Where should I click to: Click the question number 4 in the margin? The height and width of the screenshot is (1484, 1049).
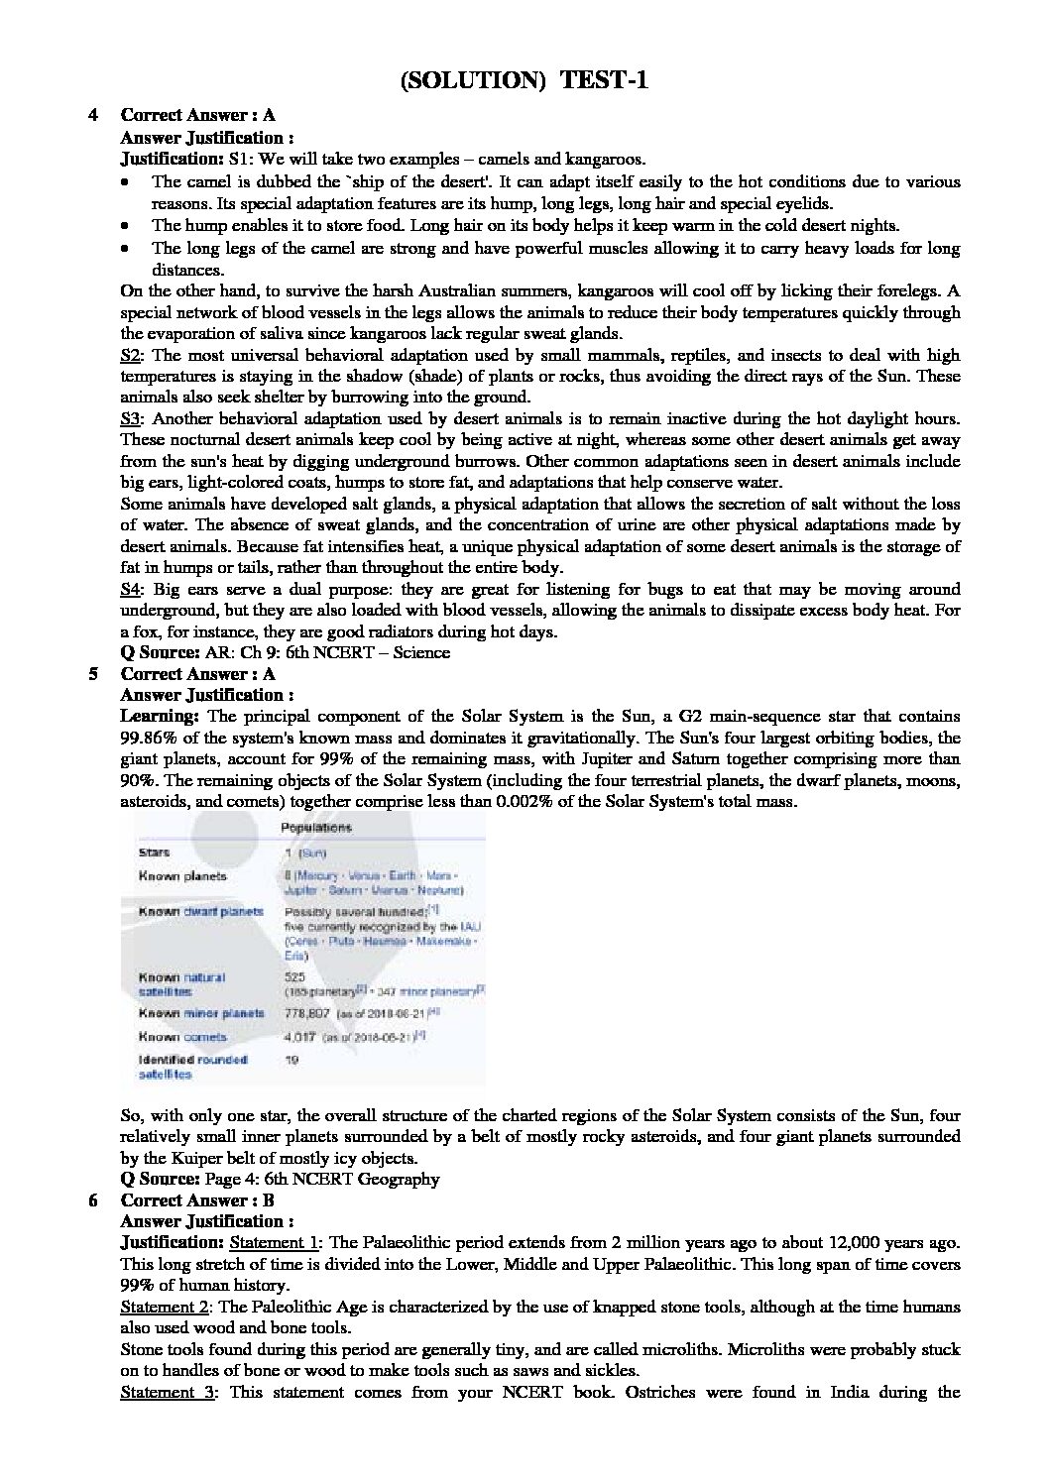[x=92, y=115]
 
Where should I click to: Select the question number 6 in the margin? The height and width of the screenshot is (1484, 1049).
[x=92, y=1200]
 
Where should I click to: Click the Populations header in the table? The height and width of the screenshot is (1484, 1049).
[x=317, y=828]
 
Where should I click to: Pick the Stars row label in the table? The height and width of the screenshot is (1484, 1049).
[x=155, y=852]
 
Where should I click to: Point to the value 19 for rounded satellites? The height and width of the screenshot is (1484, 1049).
[x=292, y=1060]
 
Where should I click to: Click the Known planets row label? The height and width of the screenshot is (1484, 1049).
[x=182, y=876]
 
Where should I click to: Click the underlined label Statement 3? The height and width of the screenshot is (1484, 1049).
[x=165, y=1393]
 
